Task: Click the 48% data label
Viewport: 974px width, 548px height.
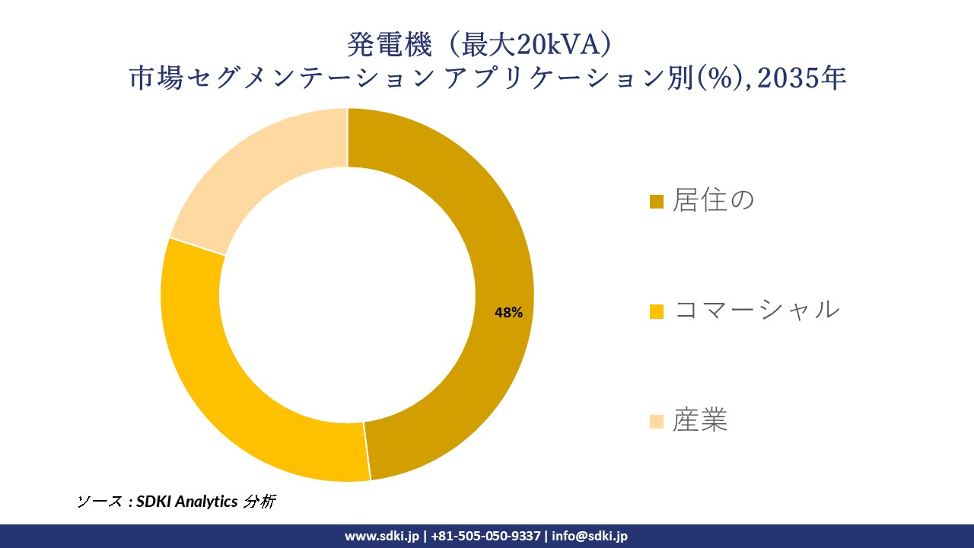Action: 508,312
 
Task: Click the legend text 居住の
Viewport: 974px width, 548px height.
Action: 713,201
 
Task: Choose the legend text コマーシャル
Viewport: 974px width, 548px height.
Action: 756,311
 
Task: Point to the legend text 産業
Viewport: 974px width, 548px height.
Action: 699,420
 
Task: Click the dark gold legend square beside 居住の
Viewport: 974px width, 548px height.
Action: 657,202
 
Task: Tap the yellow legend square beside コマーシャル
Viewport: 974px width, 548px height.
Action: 657,311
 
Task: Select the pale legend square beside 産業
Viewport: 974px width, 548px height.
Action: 657,421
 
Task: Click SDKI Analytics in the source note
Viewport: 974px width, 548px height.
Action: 186,502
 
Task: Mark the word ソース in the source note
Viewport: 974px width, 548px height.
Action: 99,502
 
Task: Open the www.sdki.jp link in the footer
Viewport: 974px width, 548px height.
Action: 382,536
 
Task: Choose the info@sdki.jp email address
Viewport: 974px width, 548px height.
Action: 590,536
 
